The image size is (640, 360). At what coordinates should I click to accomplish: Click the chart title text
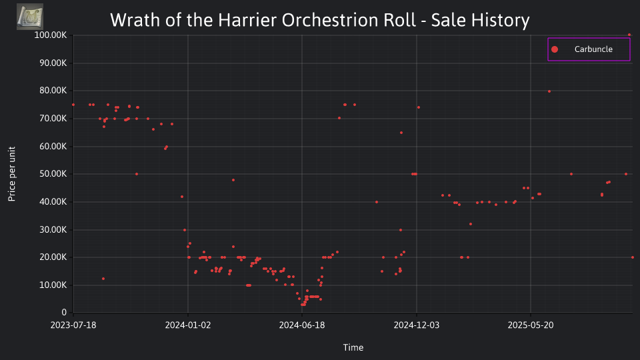pos(319,20)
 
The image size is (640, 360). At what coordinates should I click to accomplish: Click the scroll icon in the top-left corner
pos(30,17)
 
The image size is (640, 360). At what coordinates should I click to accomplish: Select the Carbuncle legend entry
pos(589,49)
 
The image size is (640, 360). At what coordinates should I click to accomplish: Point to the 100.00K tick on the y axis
pos(50,35)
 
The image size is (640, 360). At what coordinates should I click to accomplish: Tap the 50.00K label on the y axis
pos(53,174)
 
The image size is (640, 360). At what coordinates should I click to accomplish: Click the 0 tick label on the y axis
pos(64,313)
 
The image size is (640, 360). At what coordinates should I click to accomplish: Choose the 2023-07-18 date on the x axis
pos(73,325)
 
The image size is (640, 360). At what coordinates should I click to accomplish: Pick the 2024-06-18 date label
pos(302,325)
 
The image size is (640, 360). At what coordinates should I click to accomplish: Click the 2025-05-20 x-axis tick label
pos(531,325)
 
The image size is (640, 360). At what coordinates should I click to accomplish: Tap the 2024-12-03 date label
pos(416,325)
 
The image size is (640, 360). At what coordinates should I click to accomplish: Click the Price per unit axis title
pos(12,174)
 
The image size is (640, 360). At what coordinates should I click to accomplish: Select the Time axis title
pos(353,347)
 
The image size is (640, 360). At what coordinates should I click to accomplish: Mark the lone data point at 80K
pos(549,91)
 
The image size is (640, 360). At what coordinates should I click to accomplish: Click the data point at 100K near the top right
pos(629,35)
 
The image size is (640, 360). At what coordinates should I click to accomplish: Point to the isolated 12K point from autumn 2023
pos(103,279)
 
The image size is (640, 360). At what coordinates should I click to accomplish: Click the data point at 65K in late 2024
pos(401,133)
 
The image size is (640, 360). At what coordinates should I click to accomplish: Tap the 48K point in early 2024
pos(233,180)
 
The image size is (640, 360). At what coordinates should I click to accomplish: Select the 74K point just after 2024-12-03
pos(419,108)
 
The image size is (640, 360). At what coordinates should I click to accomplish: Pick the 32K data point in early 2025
pos(471,224)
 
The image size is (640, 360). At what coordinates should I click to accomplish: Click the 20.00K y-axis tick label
pos(53,257)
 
